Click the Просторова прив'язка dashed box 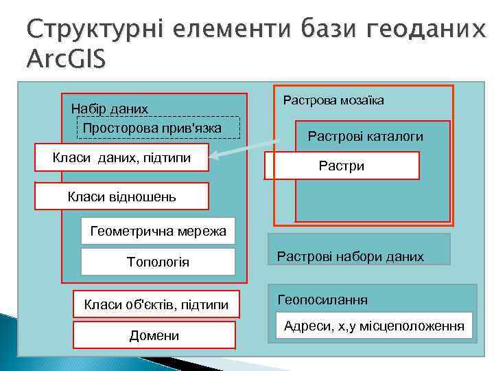(158, 128)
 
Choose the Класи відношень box (121, 196)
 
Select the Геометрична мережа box (158, 231)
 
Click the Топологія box (158, 262)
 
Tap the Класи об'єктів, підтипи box (156, 304)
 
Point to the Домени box (154, 335)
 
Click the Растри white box (342, 166)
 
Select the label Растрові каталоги (365, 137)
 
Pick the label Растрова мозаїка (333, 100)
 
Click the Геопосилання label (322, 300)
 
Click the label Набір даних (110, 109)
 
